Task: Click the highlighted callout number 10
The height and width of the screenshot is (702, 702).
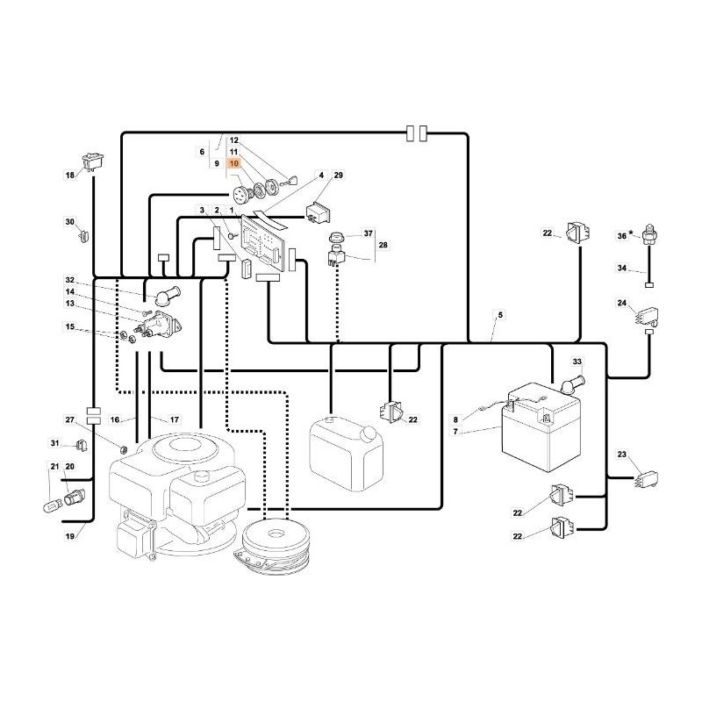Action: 233,164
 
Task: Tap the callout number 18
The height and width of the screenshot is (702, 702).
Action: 70,175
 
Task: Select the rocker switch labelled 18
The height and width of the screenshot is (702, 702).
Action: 93,162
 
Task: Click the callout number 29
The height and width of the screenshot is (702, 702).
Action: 339,175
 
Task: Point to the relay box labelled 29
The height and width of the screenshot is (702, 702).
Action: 319,211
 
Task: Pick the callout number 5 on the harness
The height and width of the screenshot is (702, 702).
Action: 500,315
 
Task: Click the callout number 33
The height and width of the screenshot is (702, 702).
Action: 577,362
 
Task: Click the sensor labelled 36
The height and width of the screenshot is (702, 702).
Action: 648,233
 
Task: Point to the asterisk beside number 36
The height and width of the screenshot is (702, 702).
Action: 632,233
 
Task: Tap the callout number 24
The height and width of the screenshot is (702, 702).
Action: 622,303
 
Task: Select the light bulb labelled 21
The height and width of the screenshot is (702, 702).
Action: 50,508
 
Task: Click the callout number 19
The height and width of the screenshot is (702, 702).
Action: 70,536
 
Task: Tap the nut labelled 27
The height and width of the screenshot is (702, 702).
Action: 125,448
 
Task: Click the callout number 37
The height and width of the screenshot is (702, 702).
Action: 368,233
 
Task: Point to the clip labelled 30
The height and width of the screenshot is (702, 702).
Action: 83,235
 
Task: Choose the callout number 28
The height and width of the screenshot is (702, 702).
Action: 383,245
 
